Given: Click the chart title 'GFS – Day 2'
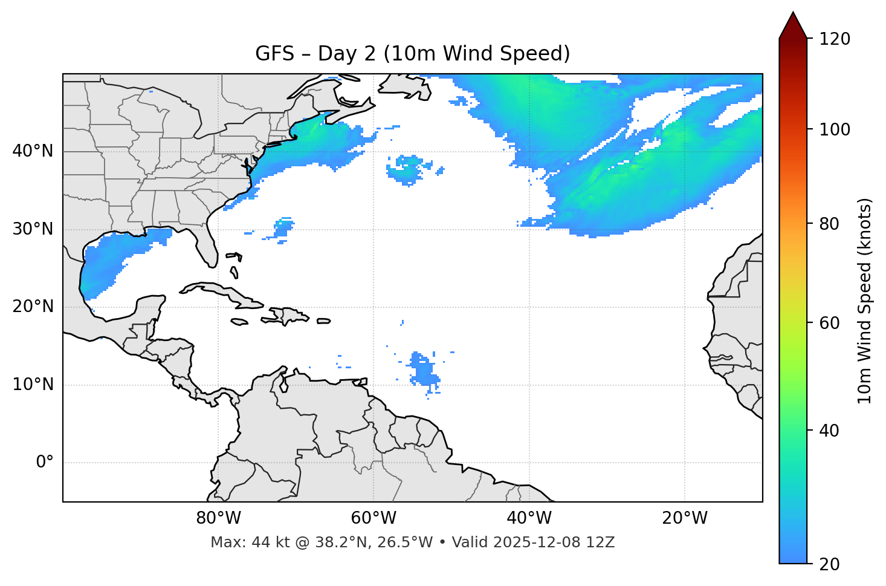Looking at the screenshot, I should pyautogui.click(x=412, y=54).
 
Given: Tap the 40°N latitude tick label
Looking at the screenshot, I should pyautogui.click(x=33, y=151).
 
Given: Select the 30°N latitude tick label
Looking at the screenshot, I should pyautogui.click(x=33, y=229).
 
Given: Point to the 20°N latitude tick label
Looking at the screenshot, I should pyautogui.click(x=33, y=307).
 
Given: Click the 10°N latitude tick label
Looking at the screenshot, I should pyautogui.click(x=33, y=385).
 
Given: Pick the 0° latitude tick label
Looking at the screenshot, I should pyautogui.click(x=44, y=463).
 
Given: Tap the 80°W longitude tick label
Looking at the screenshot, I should pyautogui.click(x=218, y=518).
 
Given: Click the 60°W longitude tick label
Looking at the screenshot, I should pyautogui.click(x=373, y=518).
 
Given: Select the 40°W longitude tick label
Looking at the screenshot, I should pyautogui.click(x=529, y=518).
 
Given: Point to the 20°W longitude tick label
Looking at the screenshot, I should pyautogui.click(x=684, y=518).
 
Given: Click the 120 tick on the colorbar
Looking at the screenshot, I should pyautogui.click(x=835, y=39).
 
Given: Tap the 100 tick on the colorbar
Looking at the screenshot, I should pyautogui.click(x=835, y=129).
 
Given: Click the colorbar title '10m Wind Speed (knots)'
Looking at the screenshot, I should pyautogui.click(x=865, y=301).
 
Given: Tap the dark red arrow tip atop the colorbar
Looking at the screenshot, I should pyautogui.click(x=793, y=24).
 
